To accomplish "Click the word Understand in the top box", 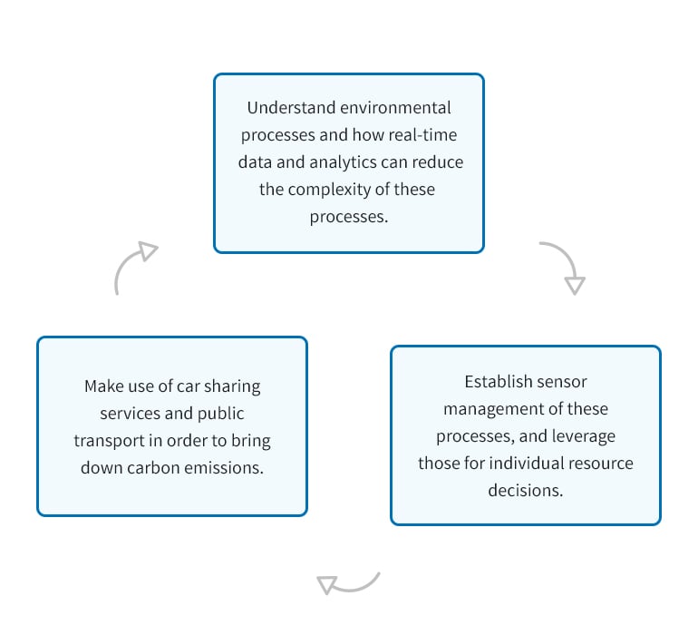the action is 291,108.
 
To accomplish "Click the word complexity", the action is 329,190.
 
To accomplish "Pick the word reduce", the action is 438,162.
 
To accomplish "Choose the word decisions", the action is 526,491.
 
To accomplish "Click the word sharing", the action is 232,386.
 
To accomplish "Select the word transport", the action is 109,441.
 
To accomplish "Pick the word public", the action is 221,414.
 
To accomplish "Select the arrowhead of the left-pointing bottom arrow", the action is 326,584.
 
